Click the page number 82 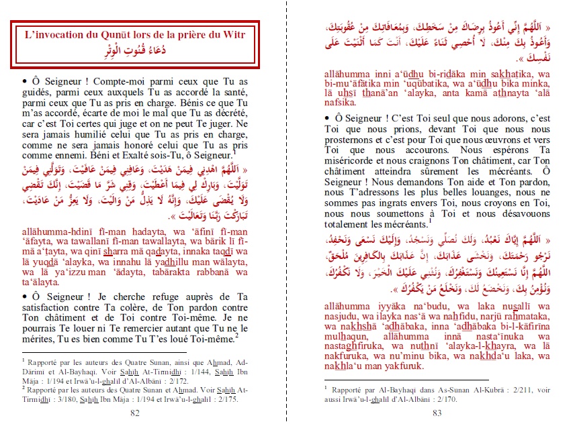click(135, 413)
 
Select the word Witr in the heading click(235, 35)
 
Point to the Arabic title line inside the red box click(134, 51)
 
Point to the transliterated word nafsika click(341, 103)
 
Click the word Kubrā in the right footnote click(507, 388)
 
